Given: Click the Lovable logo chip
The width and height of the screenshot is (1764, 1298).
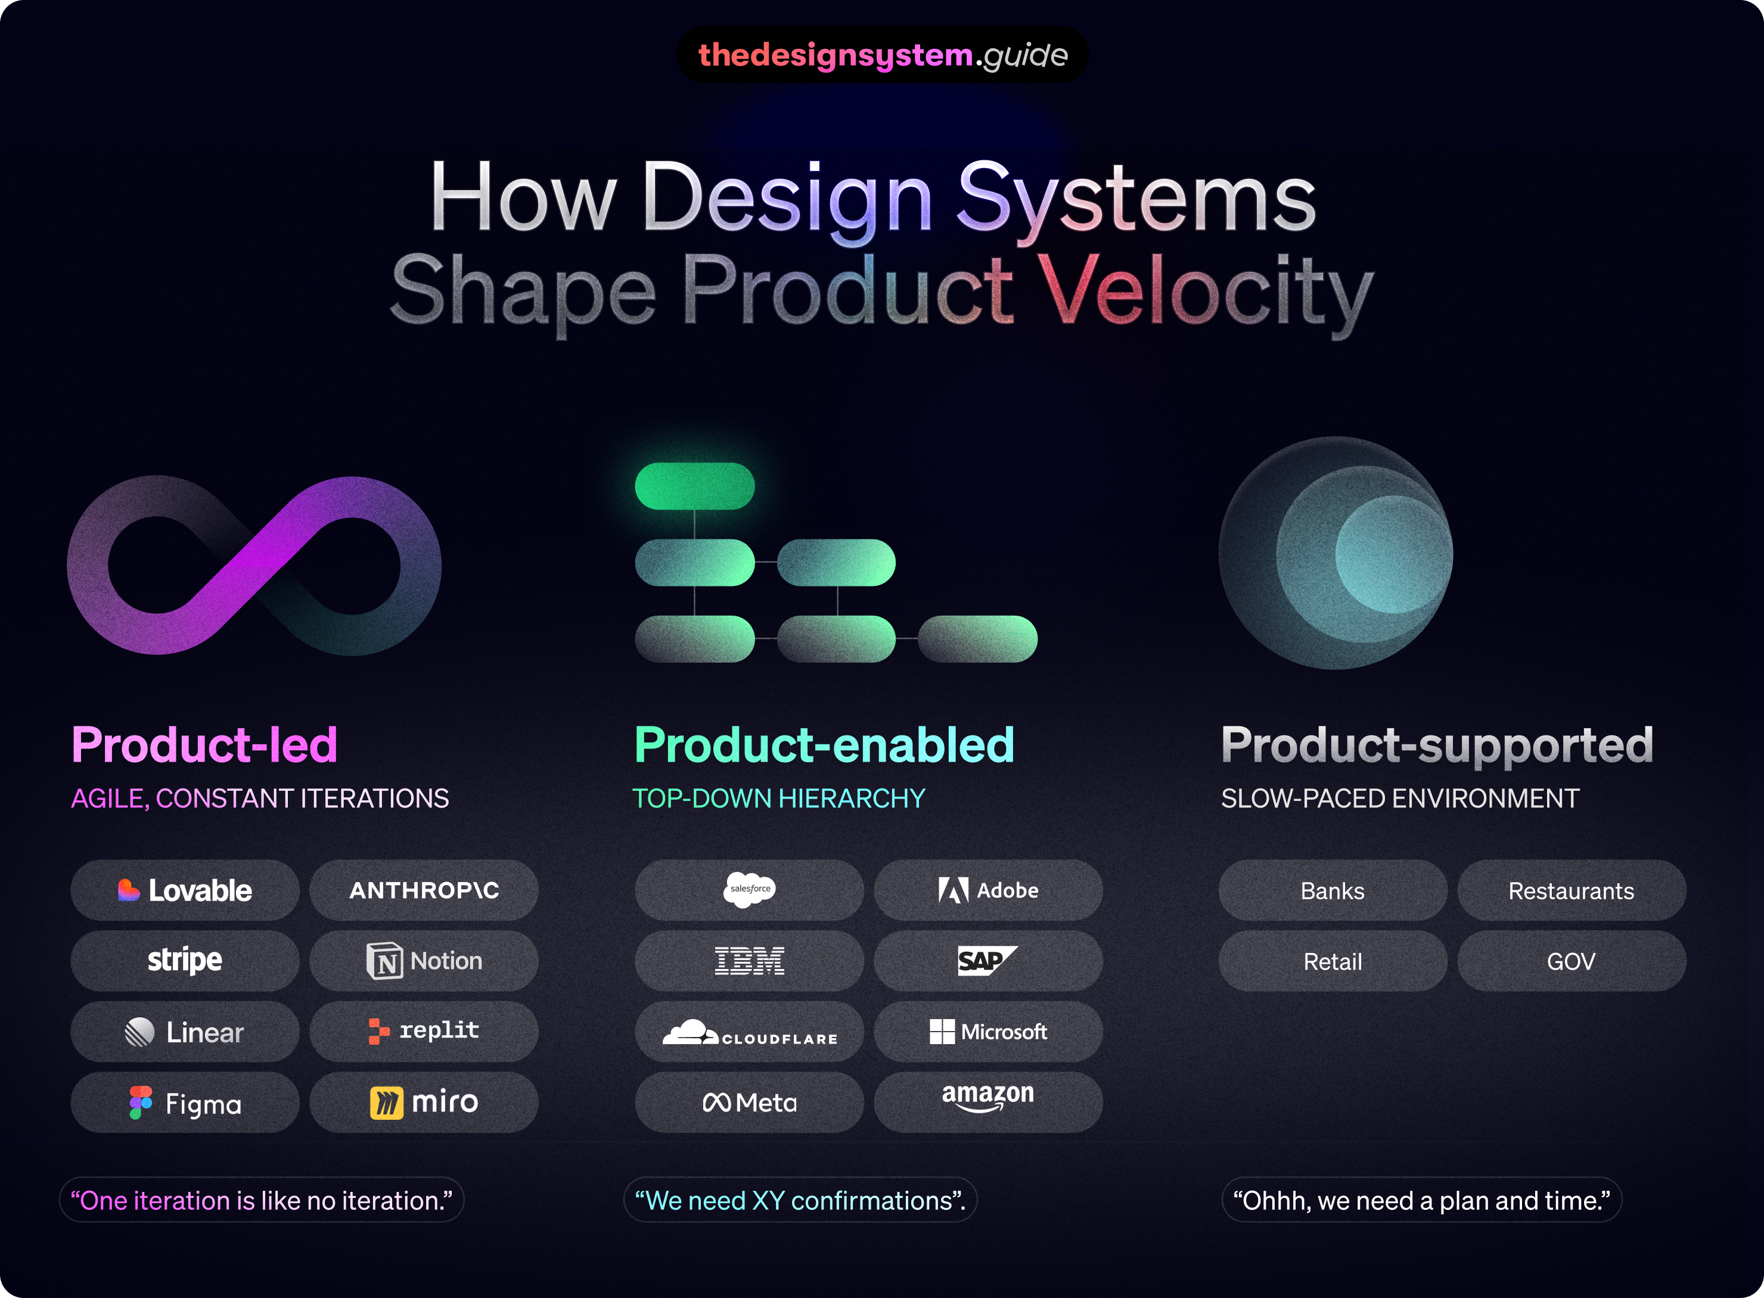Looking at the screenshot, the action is coord(185,890).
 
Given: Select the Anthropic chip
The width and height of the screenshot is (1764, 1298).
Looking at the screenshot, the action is coord(424,890).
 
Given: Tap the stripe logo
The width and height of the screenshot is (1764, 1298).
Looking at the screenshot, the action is coord(185,960).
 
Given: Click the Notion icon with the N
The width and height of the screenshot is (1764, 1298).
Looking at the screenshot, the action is coord(384,961).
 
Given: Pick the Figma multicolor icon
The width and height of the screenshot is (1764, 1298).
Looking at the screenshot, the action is coord(141,1103).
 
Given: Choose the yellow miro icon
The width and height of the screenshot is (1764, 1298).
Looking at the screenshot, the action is coord(386,1103).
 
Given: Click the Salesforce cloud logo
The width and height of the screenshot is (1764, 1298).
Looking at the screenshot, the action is coord(749,889).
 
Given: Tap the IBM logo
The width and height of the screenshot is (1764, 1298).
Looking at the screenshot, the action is coord(749,961).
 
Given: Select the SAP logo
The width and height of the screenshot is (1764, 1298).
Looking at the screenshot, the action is coord(986,960).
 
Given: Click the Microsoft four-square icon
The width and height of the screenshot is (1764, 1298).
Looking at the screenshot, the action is coord(942,1032).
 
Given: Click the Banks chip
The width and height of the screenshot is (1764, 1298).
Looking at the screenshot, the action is coord(1332,890).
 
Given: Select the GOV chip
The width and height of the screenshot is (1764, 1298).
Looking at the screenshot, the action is coord(1571,961).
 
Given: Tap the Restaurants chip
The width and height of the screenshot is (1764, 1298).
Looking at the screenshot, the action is coord(1571,890).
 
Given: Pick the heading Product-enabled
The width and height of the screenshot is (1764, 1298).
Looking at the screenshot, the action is coord(824,744).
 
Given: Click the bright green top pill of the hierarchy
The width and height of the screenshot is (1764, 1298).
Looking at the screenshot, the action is coord(695,486).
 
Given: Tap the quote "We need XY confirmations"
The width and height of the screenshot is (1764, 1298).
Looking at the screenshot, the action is coord(800,1200).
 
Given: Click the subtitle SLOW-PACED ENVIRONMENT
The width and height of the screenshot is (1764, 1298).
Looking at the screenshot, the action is coord(1399,798).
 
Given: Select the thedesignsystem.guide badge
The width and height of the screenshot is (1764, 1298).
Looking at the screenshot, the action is coord(883,55).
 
